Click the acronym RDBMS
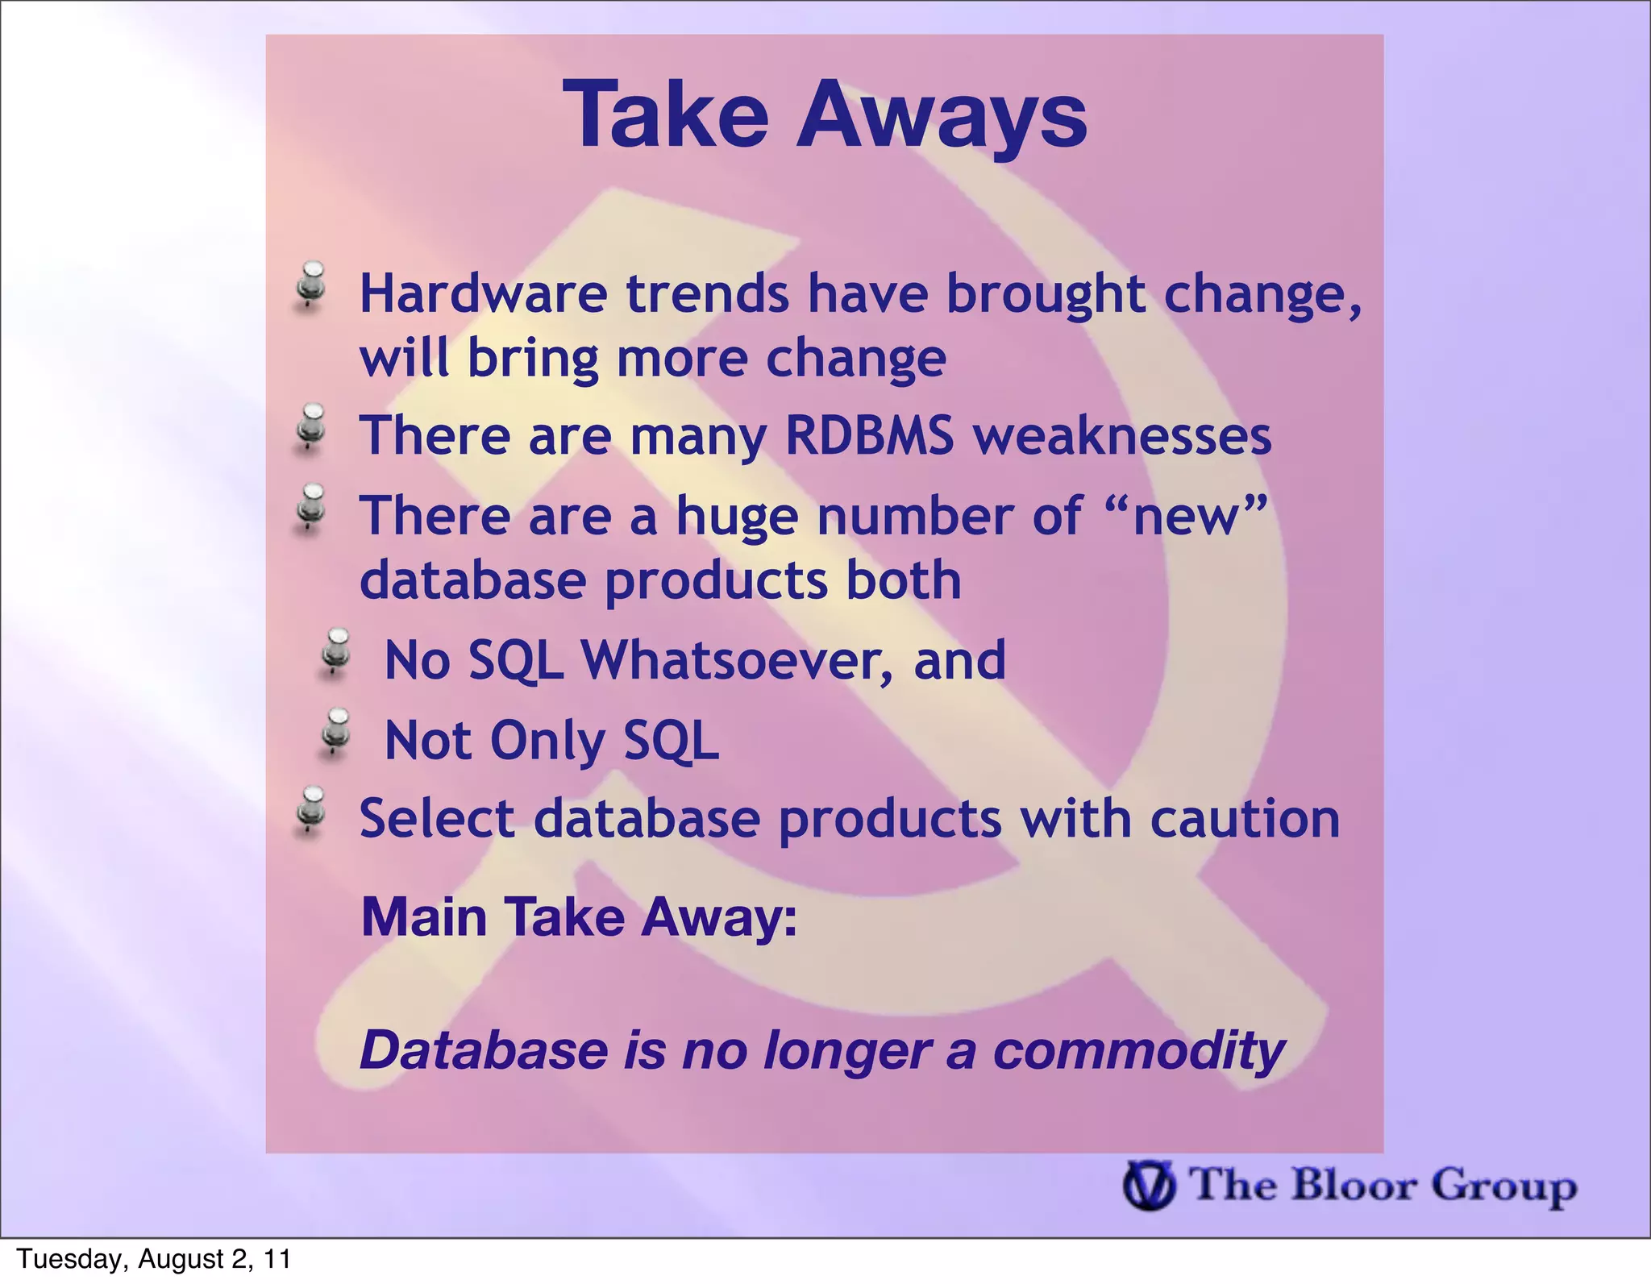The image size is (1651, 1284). [869, 436]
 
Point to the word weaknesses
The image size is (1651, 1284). [1121, 436]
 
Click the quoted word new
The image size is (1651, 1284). [1184, 517]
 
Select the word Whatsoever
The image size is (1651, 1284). [737, 660]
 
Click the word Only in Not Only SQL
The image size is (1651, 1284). [547, 741]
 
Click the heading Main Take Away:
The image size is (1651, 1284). [579, 917]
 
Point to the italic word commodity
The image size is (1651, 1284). [1138, 1051]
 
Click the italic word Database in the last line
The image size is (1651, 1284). [484, 1051]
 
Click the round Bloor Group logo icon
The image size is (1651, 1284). [1149, 1185]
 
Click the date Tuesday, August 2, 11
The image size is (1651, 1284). [153, 1259]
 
